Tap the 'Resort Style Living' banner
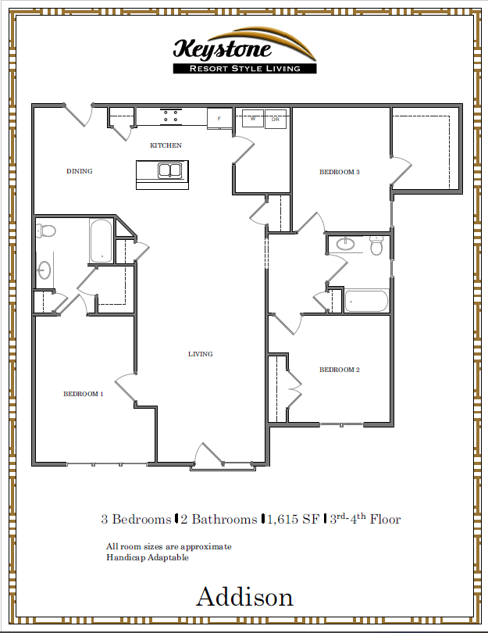tap(244, 69)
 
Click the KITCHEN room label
tap(166, 145)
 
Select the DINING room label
tap(80, 171)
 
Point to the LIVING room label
tap(201, 354)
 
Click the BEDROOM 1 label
tap(84, 394)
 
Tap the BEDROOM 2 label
tap(340, 370)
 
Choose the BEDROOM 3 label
tap(340, 172)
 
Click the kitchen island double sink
tap(169, 170)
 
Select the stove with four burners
tap(173, 116)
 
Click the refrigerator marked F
tap(219, 119)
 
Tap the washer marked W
tap(253, 119)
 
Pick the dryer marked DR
tap(275, 119)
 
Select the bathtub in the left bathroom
tap(101, 240)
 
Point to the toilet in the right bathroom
tap(376, 247)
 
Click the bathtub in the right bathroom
tap(365, 300)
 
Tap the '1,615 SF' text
tap(294, 519)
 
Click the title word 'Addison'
tap(244, 597)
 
